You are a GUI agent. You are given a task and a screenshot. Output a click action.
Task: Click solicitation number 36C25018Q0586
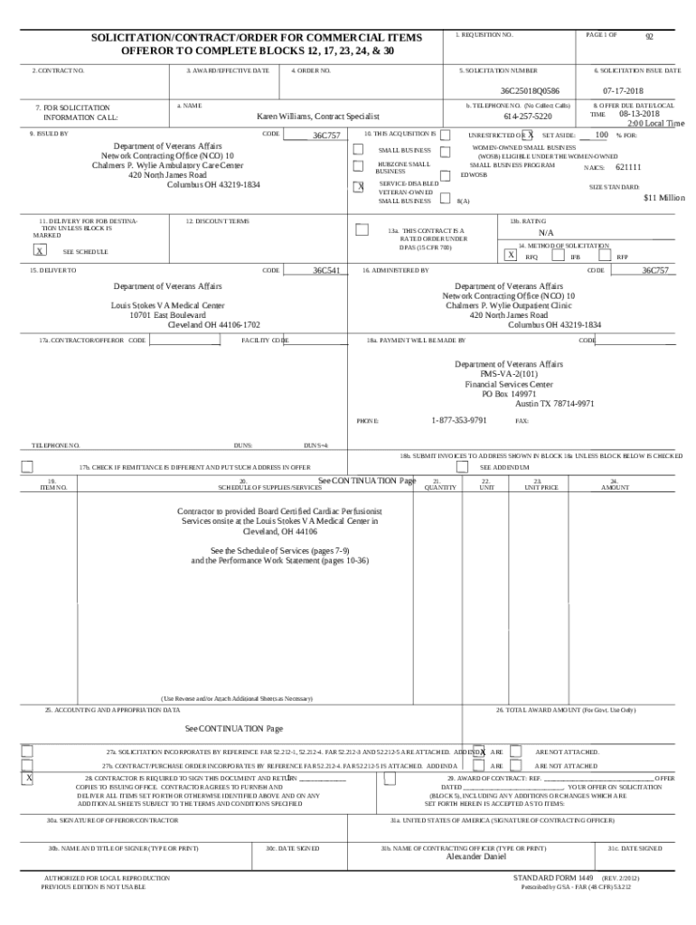(530, 91)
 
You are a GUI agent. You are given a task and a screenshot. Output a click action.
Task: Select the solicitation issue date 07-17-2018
(623, 91)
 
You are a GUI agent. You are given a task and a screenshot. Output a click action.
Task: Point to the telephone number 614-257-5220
(528, 117)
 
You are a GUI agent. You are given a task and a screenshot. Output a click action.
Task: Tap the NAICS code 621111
(628, 168)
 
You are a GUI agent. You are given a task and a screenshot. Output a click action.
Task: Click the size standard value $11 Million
(663, 198)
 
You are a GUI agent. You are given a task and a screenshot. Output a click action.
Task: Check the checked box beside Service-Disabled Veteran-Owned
(358, 187)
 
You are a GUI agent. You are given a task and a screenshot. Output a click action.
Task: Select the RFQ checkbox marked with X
(511, 256)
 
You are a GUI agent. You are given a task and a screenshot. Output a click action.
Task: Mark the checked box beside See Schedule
(40, 251)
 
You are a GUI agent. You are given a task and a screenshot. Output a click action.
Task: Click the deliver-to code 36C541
(326, 271)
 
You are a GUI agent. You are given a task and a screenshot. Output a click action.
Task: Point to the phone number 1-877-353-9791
(459, 421)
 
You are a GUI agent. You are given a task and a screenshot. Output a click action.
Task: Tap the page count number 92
(648, 37)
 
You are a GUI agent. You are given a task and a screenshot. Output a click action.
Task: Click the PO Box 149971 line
(509, 394)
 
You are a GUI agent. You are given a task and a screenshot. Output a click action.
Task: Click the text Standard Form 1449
(553, 878)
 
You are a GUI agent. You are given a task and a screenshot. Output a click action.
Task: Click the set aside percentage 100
(601, 135)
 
